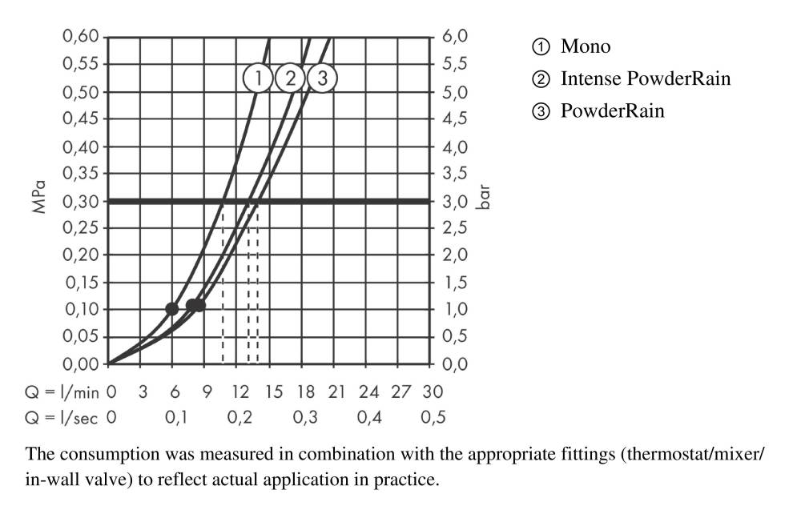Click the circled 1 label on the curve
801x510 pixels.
259,78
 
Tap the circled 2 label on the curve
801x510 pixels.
291,78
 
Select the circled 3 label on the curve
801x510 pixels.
322,78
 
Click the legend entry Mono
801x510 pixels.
586,46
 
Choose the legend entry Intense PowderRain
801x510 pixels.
645,78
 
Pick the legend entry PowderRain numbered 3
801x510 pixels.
612,111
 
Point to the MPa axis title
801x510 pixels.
38,200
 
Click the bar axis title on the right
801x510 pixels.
484,200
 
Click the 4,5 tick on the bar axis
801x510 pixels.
453,119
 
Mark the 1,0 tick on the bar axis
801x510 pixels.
453,310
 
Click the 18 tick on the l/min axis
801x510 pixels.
304,392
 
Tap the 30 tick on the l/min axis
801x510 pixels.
433,392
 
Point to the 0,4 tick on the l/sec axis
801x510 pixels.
368,417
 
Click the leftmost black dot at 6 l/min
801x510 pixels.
172,309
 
